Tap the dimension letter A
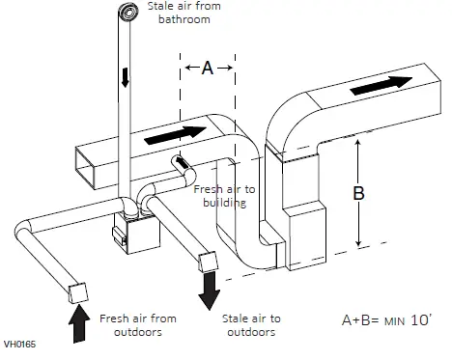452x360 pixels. coord(207,68)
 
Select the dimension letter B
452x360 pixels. coord(359,193)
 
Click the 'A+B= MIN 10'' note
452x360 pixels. coord(383,318)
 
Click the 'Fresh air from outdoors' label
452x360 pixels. coord(138,323)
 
